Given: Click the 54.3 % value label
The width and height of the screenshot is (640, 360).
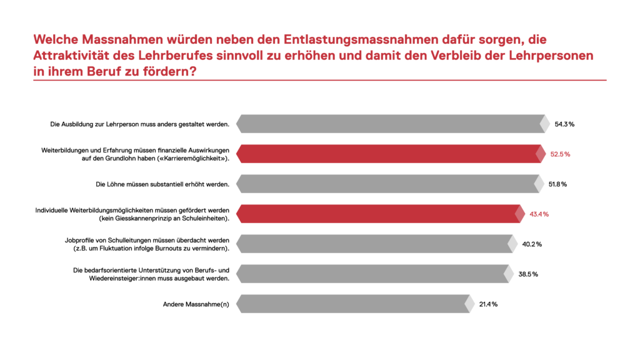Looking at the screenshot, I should (564, 124).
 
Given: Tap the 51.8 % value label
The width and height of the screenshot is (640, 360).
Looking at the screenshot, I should (556, 184).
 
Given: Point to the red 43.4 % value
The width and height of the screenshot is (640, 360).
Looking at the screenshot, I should (539, 214).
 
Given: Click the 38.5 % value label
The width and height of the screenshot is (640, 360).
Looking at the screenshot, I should (526, 274).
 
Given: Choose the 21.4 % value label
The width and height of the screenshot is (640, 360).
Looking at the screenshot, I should (488, 304).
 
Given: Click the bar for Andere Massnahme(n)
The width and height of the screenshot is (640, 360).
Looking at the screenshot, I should (353, 304).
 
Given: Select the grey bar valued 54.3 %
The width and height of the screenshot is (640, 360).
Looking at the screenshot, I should (391, 124).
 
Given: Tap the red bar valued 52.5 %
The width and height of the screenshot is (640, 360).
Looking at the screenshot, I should (387, 154).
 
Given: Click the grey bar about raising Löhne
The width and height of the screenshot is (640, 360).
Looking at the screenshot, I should (386, 184).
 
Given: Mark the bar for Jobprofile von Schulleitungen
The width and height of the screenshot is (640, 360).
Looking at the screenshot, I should (374, 244).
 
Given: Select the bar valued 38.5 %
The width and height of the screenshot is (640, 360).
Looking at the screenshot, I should (371, 274).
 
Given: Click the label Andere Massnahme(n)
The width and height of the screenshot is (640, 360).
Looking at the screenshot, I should (196, 304).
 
